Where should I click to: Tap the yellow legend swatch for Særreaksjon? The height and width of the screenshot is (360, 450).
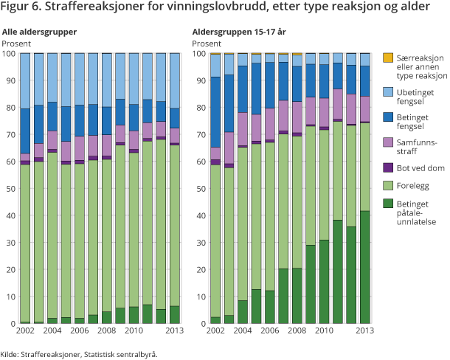pos(387,58)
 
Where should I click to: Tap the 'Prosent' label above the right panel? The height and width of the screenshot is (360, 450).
pos(207,43)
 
